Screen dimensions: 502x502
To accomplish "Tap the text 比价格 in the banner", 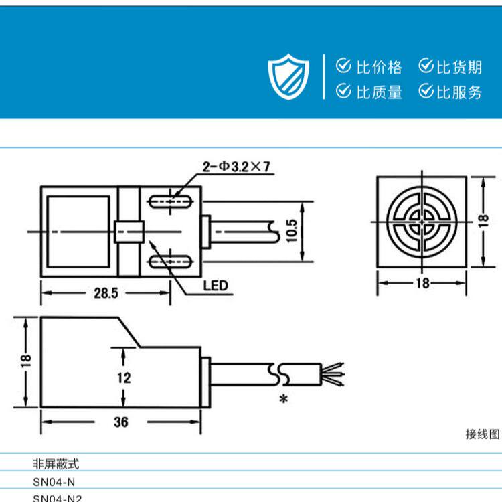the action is (x=380, y=67).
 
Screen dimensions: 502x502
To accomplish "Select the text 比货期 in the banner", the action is (x=459, y=67).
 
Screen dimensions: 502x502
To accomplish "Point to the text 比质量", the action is (x=380, y=92).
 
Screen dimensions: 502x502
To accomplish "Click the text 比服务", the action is (x=459, y=92).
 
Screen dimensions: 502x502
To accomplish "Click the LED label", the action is (x=216, y=286).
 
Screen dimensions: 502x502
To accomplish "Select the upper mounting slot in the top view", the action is (x=173, y=200).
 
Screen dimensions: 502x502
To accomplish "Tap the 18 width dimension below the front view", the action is (x=422, y=283).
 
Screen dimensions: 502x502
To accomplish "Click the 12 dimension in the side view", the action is (x=123, y=378).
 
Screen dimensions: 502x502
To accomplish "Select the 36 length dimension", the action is (x=120, y=422).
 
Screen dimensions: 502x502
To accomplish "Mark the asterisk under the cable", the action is (x=283, y=400).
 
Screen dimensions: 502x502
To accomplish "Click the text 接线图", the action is (x=482, y=434).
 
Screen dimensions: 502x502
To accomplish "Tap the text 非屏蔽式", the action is (x=56, y=463).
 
